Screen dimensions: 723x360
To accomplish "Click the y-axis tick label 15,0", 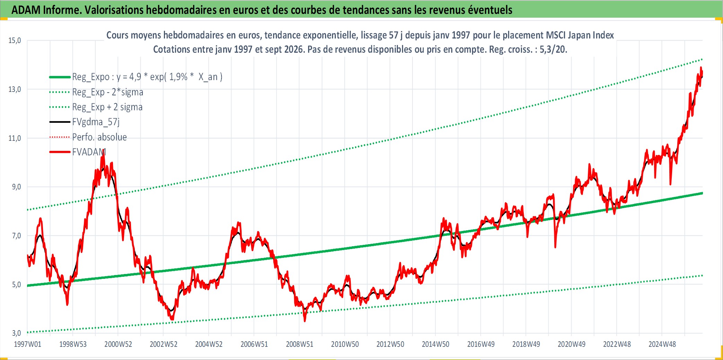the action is pos(15,41).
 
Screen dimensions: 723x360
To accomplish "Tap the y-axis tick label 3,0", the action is pos(16,333).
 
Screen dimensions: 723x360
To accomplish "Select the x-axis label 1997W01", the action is pos(27,344).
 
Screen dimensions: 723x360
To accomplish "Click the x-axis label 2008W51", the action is pos(299,344).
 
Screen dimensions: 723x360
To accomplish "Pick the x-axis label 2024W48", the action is pos(662,344).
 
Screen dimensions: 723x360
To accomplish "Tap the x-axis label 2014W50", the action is pos(435,344).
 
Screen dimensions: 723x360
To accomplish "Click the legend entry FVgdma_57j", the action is pos(96,122).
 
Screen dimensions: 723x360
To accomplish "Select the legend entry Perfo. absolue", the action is pos(99,137).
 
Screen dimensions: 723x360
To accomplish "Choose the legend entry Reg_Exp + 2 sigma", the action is pos(107,107).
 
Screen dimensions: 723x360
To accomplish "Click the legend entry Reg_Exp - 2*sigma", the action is pos(108,92).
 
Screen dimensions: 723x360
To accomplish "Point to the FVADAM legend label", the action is pos(89,152).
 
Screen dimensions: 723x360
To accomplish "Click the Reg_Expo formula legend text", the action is pos(147,77).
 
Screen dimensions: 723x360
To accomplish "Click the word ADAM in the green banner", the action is pos(26,10).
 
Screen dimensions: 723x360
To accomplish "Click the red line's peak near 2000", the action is pos(103,150).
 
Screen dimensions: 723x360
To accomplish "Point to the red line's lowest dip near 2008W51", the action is pos(305,321).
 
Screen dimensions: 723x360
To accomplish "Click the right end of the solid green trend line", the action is pos(702,193).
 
